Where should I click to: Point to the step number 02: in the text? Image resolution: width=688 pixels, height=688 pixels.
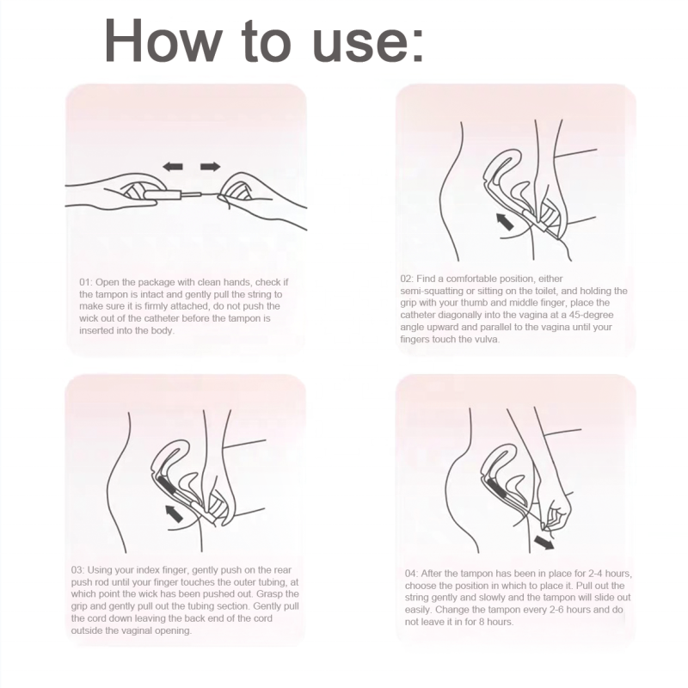pos(410,279)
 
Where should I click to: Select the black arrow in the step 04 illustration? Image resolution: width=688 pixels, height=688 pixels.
pos(544,543)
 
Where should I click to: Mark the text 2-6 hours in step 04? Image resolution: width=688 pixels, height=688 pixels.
pos(548,609)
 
